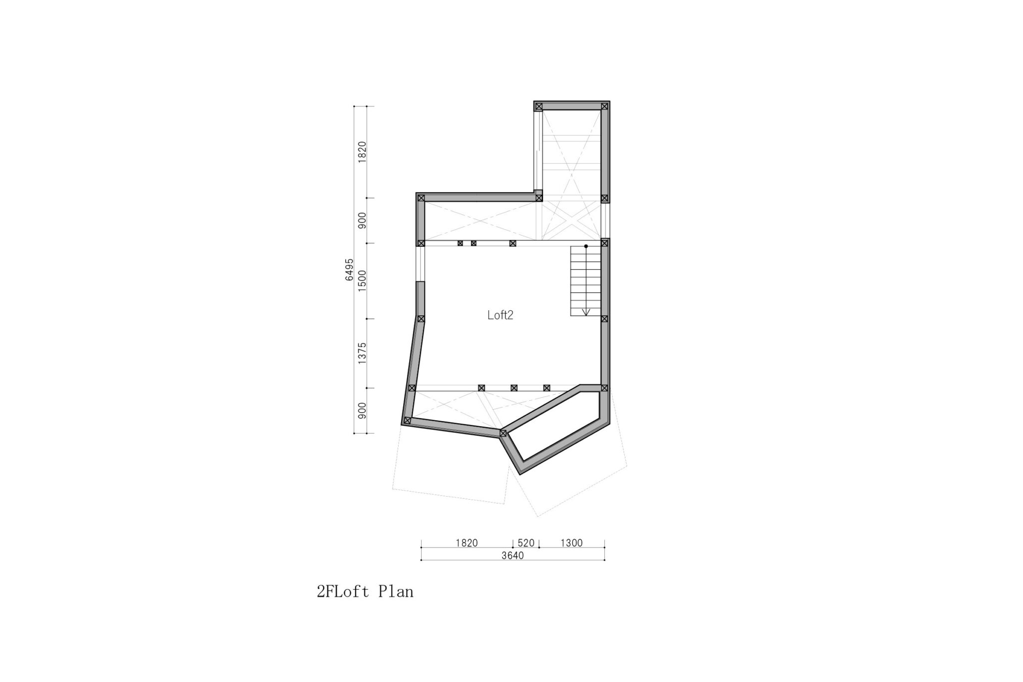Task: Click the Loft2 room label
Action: [501, 315]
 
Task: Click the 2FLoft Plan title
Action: [365, 592]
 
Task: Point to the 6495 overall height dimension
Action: [349, 270]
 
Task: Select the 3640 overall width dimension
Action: [512, 556]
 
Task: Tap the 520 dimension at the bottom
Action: [526, 543]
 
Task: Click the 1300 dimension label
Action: [571, 543]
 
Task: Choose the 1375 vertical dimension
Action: [362, 353]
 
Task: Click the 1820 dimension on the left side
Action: [362, 152]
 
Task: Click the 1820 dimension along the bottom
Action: [467, 543]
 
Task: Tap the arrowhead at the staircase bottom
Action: [586, 312]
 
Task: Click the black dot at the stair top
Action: [586, 246]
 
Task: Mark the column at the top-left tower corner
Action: [538, 106]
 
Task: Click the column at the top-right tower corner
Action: [604, 106]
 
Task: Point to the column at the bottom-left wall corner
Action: [407, 421]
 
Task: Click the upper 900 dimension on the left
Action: [362, 220]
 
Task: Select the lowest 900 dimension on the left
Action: [362, 410]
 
